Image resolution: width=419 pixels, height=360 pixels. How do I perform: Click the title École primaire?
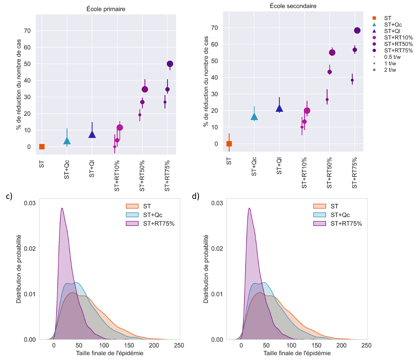coord(106,9)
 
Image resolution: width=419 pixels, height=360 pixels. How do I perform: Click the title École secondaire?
coord(293,6)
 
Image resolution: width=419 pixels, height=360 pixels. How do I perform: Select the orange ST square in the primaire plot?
coord(42,147)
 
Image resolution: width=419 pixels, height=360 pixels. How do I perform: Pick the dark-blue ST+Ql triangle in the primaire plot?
coord(92,135)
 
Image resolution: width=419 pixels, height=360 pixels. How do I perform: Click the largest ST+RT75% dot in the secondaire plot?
coord(357,30)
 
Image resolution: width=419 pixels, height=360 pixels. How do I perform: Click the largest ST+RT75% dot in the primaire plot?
coord(170,64)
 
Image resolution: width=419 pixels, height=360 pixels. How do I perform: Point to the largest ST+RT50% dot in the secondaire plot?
coord(332,53)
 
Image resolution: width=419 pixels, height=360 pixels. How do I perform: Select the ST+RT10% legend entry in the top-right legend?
coord(398,38)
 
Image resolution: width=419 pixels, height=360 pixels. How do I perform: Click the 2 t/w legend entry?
coord(390,70)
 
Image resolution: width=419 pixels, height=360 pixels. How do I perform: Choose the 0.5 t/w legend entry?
coord(392,57)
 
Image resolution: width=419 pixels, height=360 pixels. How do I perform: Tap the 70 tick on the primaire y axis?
coord(27,31)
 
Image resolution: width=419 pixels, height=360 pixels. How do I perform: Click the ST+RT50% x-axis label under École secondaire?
coord(329,173)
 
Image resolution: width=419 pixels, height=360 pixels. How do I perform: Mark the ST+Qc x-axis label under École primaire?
coord(67,169)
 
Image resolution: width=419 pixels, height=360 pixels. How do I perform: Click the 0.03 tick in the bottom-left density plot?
coord(30,203)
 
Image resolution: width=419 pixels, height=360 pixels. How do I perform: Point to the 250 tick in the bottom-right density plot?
coord(366,345)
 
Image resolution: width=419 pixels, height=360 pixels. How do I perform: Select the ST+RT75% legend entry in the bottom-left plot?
coord(159,224)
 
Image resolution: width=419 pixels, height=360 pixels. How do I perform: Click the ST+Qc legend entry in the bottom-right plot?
coord(340,215)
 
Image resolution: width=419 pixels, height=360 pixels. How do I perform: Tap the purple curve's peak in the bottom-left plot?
coord(62,208)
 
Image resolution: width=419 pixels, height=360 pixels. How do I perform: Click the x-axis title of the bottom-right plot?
coord(297,353)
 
